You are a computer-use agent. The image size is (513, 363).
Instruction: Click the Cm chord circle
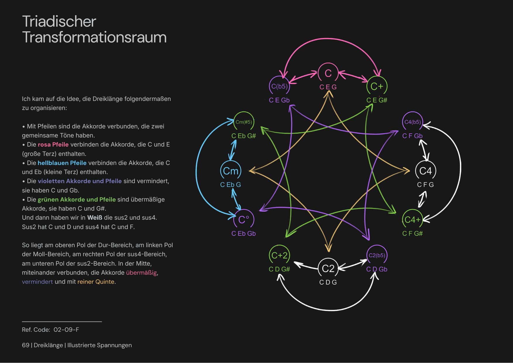(231, 171)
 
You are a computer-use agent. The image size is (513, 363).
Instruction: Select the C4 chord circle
(426, 171)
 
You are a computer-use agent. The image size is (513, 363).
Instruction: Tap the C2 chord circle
(328, 268)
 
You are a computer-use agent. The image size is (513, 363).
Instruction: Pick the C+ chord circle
(377, 86)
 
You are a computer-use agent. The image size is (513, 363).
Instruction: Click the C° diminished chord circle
(243, 220)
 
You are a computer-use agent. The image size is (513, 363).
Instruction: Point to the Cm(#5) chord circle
(244, 122)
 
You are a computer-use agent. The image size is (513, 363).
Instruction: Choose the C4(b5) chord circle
(412, 122)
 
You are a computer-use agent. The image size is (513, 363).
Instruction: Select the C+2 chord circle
(279, 255)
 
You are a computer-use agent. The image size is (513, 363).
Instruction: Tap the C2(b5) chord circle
(377, 255)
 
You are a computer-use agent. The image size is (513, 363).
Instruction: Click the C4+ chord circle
(412, 220)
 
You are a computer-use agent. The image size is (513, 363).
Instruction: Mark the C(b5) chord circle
(279, 86)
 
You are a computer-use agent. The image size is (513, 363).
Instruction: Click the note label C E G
(328, 87)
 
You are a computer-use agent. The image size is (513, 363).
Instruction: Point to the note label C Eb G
(230, 185)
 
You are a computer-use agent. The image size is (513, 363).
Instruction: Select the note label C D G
(328, 283)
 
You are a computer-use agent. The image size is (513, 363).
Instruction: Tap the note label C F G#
(412, 234)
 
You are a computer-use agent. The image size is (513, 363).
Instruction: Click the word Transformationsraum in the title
(94, 37)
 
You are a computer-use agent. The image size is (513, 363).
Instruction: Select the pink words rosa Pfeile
(53, 144)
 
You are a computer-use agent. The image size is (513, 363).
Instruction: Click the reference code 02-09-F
(66, 330)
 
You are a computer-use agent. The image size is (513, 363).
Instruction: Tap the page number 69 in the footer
(25, 345)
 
